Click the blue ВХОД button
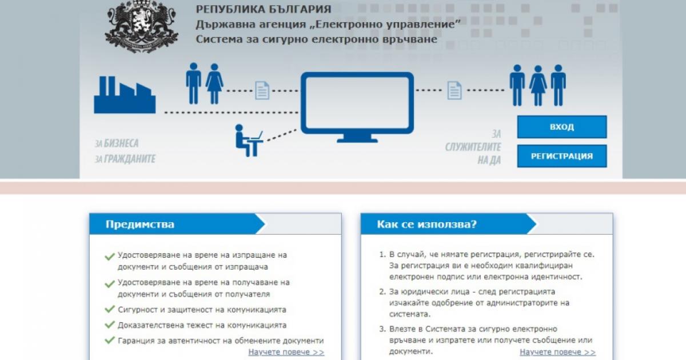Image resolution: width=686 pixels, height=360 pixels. tap(561, 127)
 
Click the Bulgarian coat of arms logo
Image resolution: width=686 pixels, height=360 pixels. tap(141, 27)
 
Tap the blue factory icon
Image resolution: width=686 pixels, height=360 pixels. tap(125, 95)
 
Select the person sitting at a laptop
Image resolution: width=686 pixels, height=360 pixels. tap(249, 141)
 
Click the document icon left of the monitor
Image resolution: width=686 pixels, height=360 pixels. tap(262, 90)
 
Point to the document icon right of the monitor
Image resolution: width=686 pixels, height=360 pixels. tap(454, 90)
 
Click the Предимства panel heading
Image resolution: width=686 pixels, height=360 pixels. tap(140, 225)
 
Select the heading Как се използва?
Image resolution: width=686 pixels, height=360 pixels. tap(426, 225)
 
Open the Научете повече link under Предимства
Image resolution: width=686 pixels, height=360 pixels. tap(286, 352)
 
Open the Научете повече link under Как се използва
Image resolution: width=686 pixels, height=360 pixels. tap(558, 352)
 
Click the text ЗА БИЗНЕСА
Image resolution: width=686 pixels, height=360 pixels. tap(117, 143)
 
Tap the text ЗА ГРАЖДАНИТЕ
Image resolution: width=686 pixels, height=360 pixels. tap(125, 159)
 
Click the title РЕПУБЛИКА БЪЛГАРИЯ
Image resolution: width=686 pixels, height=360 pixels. tap(264, 9)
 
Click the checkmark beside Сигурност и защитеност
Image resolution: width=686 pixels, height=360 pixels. tap(110, 309)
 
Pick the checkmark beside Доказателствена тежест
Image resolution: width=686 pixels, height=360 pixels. tap(110, 325)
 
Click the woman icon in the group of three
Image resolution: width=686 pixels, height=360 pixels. tap(538, 86)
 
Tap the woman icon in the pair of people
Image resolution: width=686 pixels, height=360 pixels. tap(214, 84)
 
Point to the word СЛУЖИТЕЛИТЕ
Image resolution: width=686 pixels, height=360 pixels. tap(473, 147)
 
